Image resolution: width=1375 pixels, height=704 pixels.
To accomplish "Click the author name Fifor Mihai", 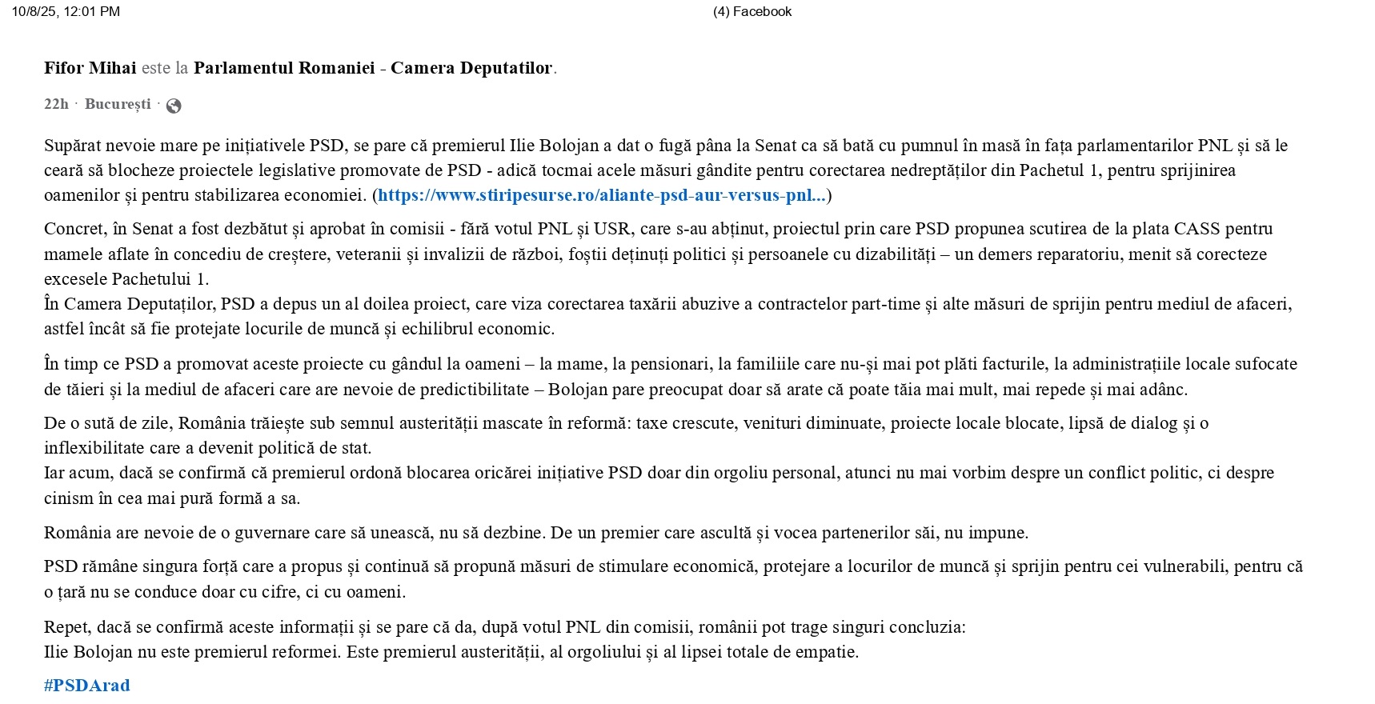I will pyautogui.click(x=90, y=68).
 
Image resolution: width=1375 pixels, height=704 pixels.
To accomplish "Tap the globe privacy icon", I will pyautogui.click(x=174, y=106).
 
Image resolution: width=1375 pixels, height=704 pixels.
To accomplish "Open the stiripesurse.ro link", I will pyautogui.click(x=602, y=195).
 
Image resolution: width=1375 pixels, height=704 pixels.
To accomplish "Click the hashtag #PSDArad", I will pyautogui.click(x=86, y=686).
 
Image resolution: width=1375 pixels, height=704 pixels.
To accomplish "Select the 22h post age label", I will pyautogui.click(x=56, y=105).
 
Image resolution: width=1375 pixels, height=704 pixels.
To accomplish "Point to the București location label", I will pyautogui.click(x=118, y=105).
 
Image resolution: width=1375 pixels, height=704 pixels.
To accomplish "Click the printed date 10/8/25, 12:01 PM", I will pyautogui.click(x=66, y=11).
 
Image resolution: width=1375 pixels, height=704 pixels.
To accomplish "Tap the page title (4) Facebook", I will pyautogui.click(x=752, y=11).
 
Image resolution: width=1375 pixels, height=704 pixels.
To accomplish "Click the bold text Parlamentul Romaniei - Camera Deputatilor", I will pyautogui.click(x=373, y=68).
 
